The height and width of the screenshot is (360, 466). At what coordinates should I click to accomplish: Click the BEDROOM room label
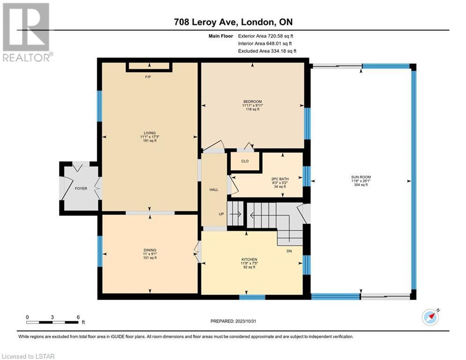(x=252, y=101)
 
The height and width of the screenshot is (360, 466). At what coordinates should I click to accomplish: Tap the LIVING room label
(x=149, y=133)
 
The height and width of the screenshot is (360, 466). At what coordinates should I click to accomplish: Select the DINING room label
(x=150, y=250)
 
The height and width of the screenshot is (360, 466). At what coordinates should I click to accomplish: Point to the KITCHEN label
(x=249, y=259)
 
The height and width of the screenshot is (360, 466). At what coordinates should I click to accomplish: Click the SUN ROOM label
(x=361, y=177)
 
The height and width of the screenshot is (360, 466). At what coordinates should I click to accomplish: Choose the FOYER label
(x=81, y=188)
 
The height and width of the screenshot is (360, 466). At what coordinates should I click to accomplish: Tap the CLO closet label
(x=245, y=161)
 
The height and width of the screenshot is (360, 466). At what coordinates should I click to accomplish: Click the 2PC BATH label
(x=280, y=179)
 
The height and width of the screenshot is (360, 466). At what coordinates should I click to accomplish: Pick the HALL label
(x=214, y=189)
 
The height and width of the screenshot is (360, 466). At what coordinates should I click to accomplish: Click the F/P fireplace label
(x=148, y=77)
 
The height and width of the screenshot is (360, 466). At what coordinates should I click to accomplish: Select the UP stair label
(x=222, y=214)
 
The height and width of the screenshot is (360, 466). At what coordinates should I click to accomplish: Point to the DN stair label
(x=289, y=251)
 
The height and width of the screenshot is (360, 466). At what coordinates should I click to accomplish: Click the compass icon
(x=430, y=317)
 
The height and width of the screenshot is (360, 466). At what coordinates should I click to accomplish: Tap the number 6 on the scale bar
(x=78, y=317)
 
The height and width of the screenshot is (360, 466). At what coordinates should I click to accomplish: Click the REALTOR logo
(x=27, y=32)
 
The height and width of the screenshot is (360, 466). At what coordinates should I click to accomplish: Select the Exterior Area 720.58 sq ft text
(x=266, y=36)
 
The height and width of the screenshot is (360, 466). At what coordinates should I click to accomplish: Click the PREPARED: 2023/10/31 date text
(x=233, y=321)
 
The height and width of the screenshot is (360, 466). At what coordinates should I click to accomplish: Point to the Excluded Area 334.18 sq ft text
(x=267, y=51)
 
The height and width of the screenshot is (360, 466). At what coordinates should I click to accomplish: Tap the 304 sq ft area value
(x=361, y=185)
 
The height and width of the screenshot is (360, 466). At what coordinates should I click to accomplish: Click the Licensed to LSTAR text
(x=28, y=356)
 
